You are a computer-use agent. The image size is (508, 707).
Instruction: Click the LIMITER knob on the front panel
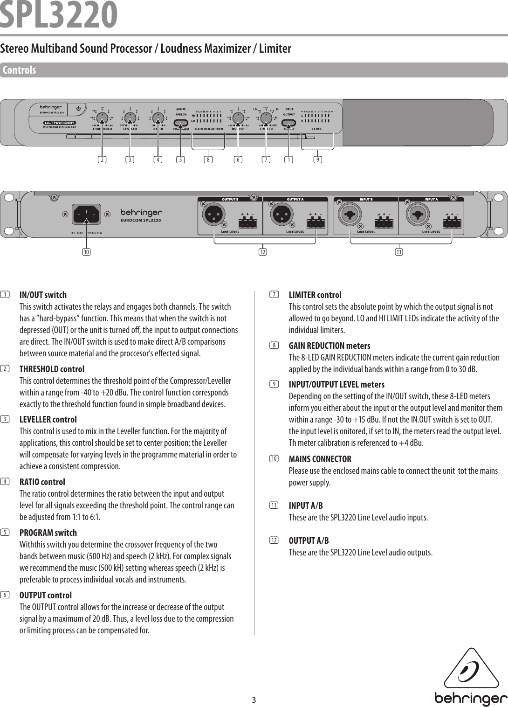[x=266, y=118]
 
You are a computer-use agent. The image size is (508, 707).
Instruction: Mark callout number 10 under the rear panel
[x=86, y=252]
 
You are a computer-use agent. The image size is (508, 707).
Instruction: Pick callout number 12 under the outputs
[x=263, y=252]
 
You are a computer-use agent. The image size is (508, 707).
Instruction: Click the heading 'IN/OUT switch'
[x=43, y=295]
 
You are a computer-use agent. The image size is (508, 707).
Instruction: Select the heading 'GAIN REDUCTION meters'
[x=330, y=346]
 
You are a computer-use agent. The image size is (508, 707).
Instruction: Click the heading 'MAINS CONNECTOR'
[x=320, y=459]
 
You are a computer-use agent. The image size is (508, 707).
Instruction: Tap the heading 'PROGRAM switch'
[x=48, y=533]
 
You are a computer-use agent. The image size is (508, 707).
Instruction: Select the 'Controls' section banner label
[x=20, y=70]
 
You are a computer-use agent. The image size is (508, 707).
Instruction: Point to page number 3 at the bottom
[x=254, y=700]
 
